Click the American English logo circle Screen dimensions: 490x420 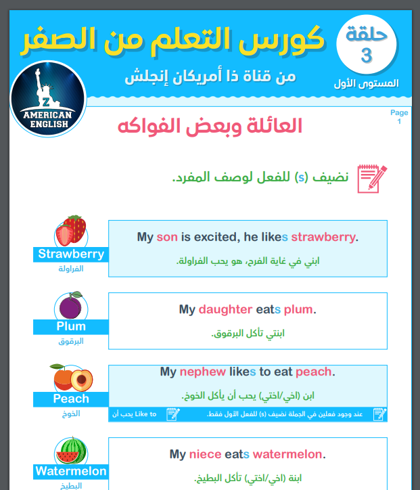48,98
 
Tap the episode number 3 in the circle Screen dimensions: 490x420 366,56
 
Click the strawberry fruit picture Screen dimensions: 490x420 71,231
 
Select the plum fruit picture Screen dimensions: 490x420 70,307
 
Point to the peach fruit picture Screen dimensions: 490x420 71,378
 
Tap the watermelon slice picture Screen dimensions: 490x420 71,450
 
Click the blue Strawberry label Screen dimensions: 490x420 71,254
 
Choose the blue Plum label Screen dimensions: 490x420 71,326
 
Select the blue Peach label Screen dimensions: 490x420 71,399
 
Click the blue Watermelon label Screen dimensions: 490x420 71,471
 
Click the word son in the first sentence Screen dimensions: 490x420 166,237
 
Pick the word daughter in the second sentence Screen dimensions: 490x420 225,309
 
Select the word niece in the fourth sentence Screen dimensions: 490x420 205,454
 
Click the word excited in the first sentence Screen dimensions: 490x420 215,237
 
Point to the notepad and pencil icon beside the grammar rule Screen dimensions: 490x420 371,178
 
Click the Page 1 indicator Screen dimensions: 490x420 399,116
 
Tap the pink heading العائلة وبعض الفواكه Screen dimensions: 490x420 210,127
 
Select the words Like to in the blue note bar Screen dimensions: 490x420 145,414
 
